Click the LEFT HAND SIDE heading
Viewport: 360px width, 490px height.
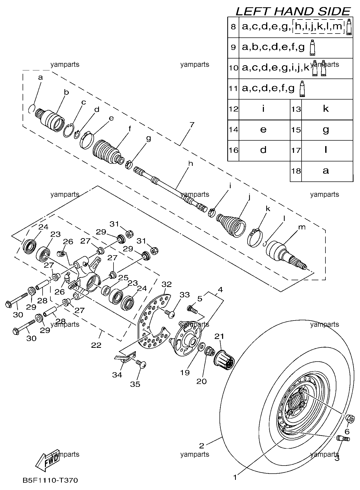[293, 11]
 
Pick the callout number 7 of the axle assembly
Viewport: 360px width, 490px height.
[192, 125]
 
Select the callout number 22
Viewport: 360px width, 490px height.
[96, 345]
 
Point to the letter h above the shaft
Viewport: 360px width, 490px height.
[191, 164]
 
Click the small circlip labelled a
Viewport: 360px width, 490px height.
[31, 108]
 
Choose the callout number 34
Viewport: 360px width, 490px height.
[117, 375]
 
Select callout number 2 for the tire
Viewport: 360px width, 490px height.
[202, 446]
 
